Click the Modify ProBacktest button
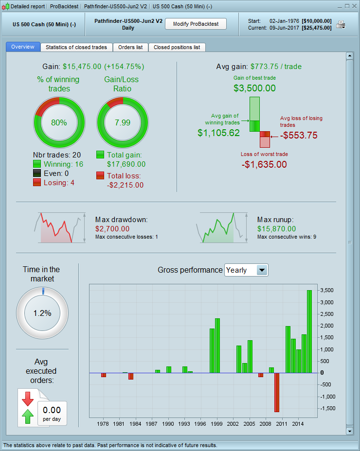tap(196, 24)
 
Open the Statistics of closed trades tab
tap(76, 47)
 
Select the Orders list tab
tap(130, 47)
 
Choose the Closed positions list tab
tap(177, 47)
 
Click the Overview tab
tap(23, 47)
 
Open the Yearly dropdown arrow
tap(262, 270)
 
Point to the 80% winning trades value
tap(59, 122)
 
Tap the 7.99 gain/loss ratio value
tap(123, 122)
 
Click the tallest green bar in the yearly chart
tap(309, 330)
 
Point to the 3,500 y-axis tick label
tap(326, 291)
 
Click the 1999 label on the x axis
tap(217, 424)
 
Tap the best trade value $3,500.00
tap(254, 88)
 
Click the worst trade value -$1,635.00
tap(264, 164)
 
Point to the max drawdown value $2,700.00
tap(112, 229)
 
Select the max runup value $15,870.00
tap(276, 229)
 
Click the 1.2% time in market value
tap(42, 313)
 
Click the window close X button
tap(354, 6)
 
